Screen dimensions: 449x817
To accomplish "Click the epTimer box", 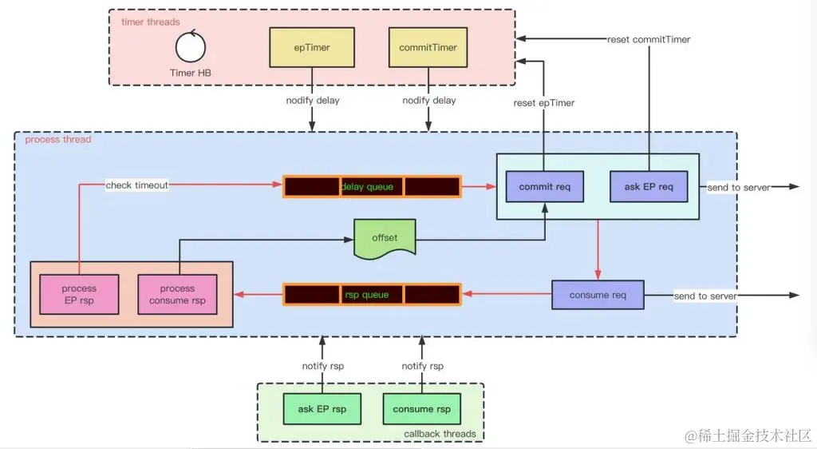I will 311,48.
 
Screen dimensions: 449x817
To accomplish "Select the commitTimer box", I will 428,48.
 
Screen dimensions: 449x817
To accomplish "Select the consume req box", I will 598,295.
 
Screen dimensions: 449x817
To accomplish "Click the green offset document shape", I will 385,238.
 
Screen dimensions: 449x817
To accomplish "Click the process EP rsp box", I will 79,295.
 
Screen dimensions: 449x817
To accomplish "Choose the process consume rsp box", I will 177,295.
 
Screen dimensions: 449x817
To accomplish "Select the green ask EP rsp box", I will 322,409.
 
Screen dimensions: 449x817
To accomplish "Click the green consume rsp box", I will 421,409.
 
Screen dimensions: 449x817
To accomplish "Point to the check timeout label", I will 137,185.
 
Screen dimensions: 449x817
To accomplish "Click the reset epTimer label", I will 544,103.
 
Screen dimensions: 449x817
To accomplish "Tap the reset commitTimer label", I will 649,39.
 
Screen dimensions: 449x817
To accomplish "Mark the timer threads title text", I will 150,22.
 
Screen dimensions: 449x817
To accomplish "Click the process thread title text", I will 58,140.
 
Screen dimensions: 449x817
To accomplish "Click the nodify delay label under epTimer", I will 312,101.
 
